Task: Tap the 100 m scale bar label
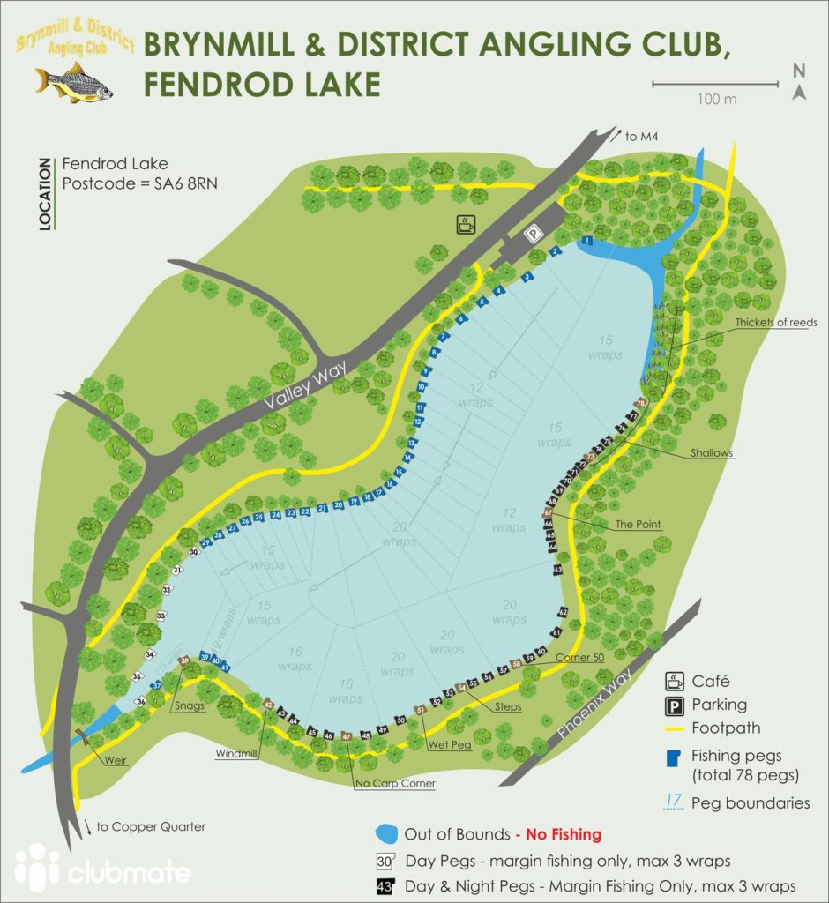click(716, 99)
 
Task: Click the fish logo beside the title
click(74, 83)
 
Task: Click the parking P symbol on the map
click(532, 233)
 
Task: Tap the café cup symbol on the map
click(465, 225)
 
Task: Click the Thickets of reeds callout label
click(775, 323)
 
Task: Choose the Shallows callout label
click(712, 452)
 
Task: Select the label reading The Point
click(638, 524)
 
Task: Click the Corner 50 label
click(579, 658)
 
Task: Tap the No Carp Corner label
click(395, 782)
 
